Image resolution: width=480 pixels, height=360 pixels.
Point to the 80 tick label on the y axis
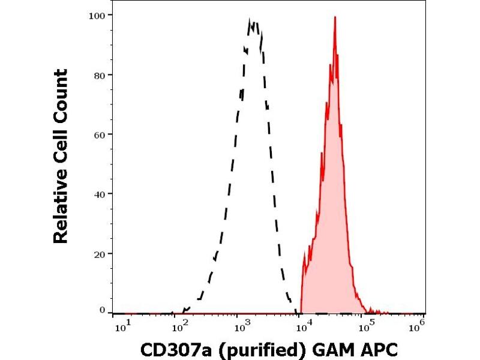click(x=100, y=75)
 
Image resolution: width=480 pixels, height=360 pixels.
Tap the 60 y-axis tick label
click(x=100, y=134)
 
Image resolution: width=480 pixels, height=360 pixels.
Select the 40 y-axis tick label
click(x=100, y=194)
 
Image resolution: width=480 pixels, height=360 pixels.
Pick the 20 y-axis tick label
click(x=100, y=253)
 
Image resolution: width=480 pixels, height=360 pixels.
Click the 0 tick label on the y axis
click(x=103, y=310)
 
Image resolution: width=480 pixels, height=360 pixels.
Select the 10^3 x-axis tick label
click(x=242, y=325)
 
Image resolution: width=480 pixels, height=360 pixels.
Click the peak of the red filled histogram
click(x=335, y=17)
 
